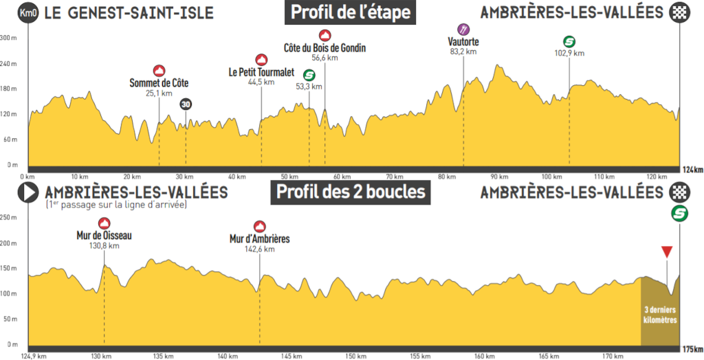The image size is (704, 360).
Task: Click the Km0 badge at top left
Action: tap(28, 12)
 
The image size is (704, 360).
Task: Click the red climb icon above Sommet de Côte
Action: tap(159, 70)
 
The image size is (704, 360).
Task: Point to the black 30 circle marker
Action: tap(186, 104)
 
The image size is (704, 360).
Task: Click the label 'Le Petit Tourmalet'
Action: tap(261, 72)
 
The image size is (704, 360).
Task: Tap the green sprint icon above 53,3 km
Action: tap(309, 76)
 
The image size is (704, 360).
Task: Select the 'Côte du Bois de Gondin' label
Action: tap(324, 48)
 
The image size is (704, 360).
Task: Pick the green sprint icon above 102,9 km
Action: tap(569, 41)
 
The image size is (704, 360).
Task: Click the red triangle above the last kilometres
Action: tap(665, 251)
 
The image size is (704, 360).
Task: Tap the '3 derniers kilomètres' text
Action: tap(659, 315)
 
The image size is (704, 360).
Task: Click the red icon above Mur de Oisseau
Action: tap(104, 223)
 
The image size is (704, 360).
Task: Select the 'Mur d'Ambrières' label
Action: tap(259, 239)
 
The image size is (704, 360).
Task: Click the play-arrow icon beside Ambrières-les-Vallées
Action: tap(28, 193)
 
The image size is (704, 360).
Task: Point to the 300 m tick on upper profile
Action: tap(8, 38)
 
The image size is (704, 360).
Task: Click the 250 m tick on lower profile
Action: tap(8, 218)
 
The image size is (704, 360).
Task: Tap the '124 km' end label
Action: tap(692, 170)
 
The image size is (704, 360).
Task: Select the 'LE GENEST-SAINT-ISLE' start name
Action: tap(129, 13)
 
